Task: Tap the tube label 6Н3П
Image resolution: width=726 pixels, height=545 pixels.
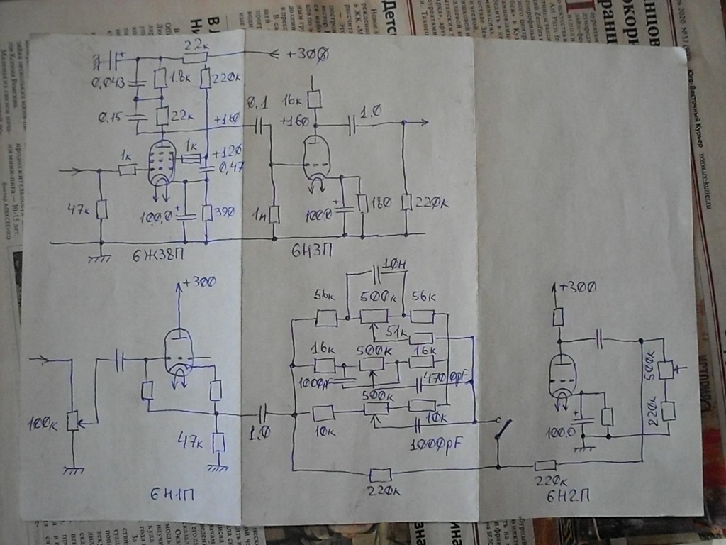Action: coord(310,251)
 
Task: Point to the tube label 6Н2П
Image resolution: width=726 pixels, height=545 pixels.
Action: coord(566,494)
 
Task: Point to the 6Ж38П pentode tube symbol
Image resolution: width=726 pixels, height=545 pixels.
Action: coord(163,163)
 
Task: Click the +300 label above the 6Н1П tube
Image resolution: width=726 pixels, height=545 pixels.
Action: coord(199,283)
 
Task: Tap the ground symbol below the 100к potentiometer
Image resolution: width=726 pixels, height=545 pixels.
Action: coord(71,468)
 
